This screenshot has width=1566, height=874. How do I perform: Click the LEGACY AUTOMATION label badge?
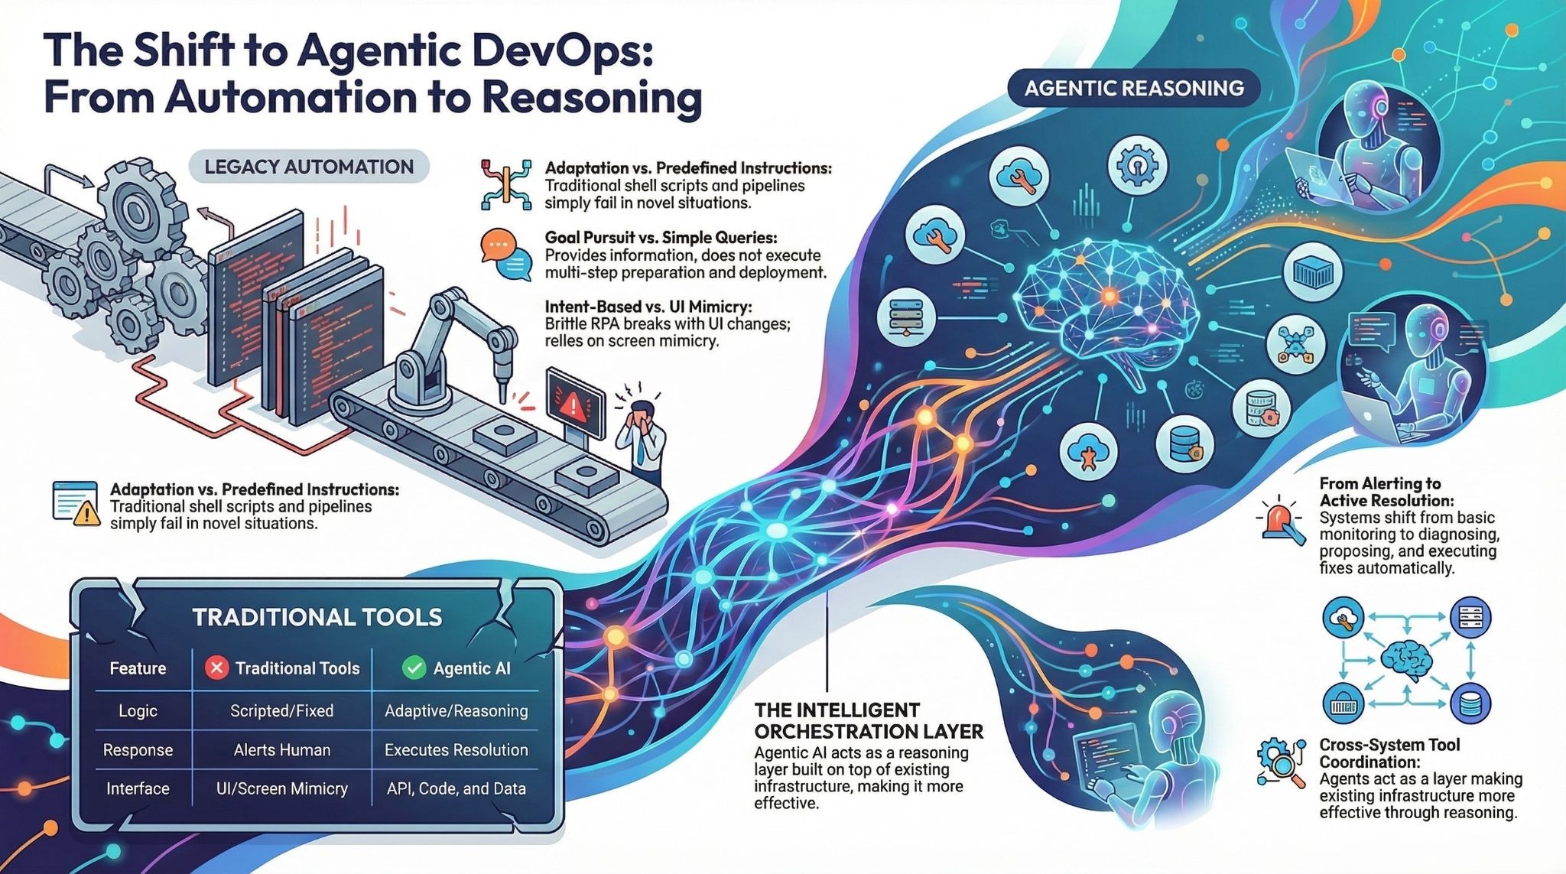tap(309, 167)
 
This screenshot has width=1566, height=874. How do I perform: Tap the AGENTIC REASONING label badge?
tap(1134, 88)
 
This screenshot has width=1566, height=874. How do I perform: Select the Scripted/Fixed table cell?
tap(281, 710)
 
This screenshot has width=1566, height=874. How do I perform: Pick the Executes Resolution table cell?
tap(456, 749)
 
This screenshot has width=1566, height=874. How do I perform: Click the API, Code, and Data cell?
tap(456, 788)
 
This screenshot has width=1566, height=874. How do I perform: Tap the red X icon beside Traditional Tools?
tap(217, 668)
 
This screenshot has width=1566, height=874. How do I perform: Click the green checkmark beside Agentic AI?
tap(414, 668)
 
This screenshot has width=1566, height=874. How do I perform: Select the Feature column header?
tap(138, 668)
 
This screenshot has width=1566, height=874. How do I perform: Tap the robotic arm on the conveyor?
tap(447, 344)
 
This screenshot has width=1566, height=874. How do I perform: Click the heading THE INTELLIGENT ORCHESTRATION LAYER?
tap(868, 720)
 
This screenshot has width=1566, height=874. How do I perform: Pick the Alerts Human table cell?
tap(281, 749)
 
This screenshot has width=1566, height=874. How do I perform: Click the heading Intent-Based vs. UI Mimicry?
tap(648, 307)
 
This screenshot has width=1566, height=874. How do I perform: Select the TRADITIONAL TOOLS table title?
tap(317, 617)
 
